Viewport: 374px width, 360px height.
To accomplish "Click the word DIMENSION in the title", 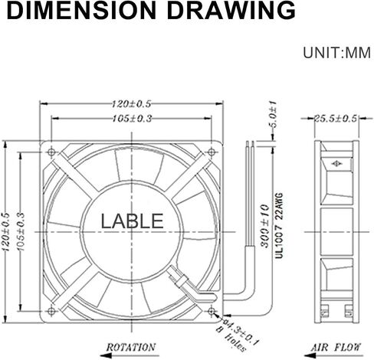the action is [81, 11].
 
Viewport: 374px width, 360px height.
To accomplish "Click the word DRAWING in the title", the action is [231, 11].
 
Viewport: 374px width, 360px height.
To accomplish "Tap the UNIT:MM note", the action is [336, 53].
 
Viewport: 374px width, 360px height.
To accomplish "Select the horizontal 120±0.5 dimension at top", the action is [132, 104].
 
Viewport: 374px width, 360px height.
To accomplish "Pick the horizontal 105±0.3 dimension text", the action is [132, 119].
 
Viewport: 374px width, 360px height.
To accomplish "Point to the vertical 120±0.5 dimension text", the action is [6, 232].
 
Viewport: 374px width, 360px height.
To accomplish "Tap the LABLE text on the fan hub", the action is [132, 221].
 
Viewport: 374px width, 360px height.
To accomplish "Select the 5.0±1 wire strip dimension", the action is [273, 114].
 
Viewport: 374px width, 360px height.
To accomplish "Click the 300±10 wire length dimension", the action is [265, 226].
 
